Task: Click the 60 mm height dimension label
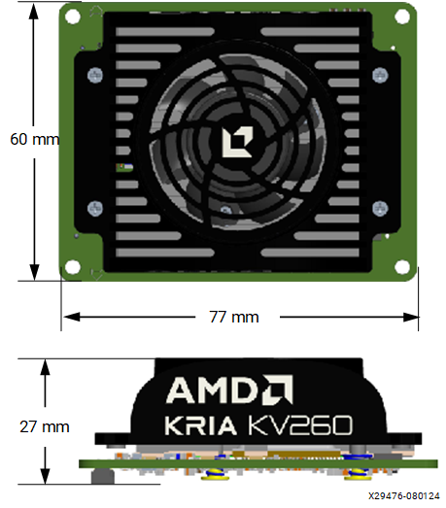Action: point(34,139)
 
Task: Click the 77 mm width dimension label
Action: point(233,317)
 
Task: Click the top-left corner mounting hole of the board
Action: point(72,16)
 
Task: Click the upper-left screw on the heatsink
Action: point(94,75)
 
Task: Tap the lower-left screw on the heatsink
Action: point(94,206)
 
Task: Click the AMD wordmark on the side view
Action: point(213,390)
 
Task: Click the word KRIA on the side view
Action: point(199,424)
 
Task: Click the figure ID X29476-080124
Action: point(403,496)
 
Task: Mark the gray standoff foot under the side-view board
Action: point(96,477)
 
